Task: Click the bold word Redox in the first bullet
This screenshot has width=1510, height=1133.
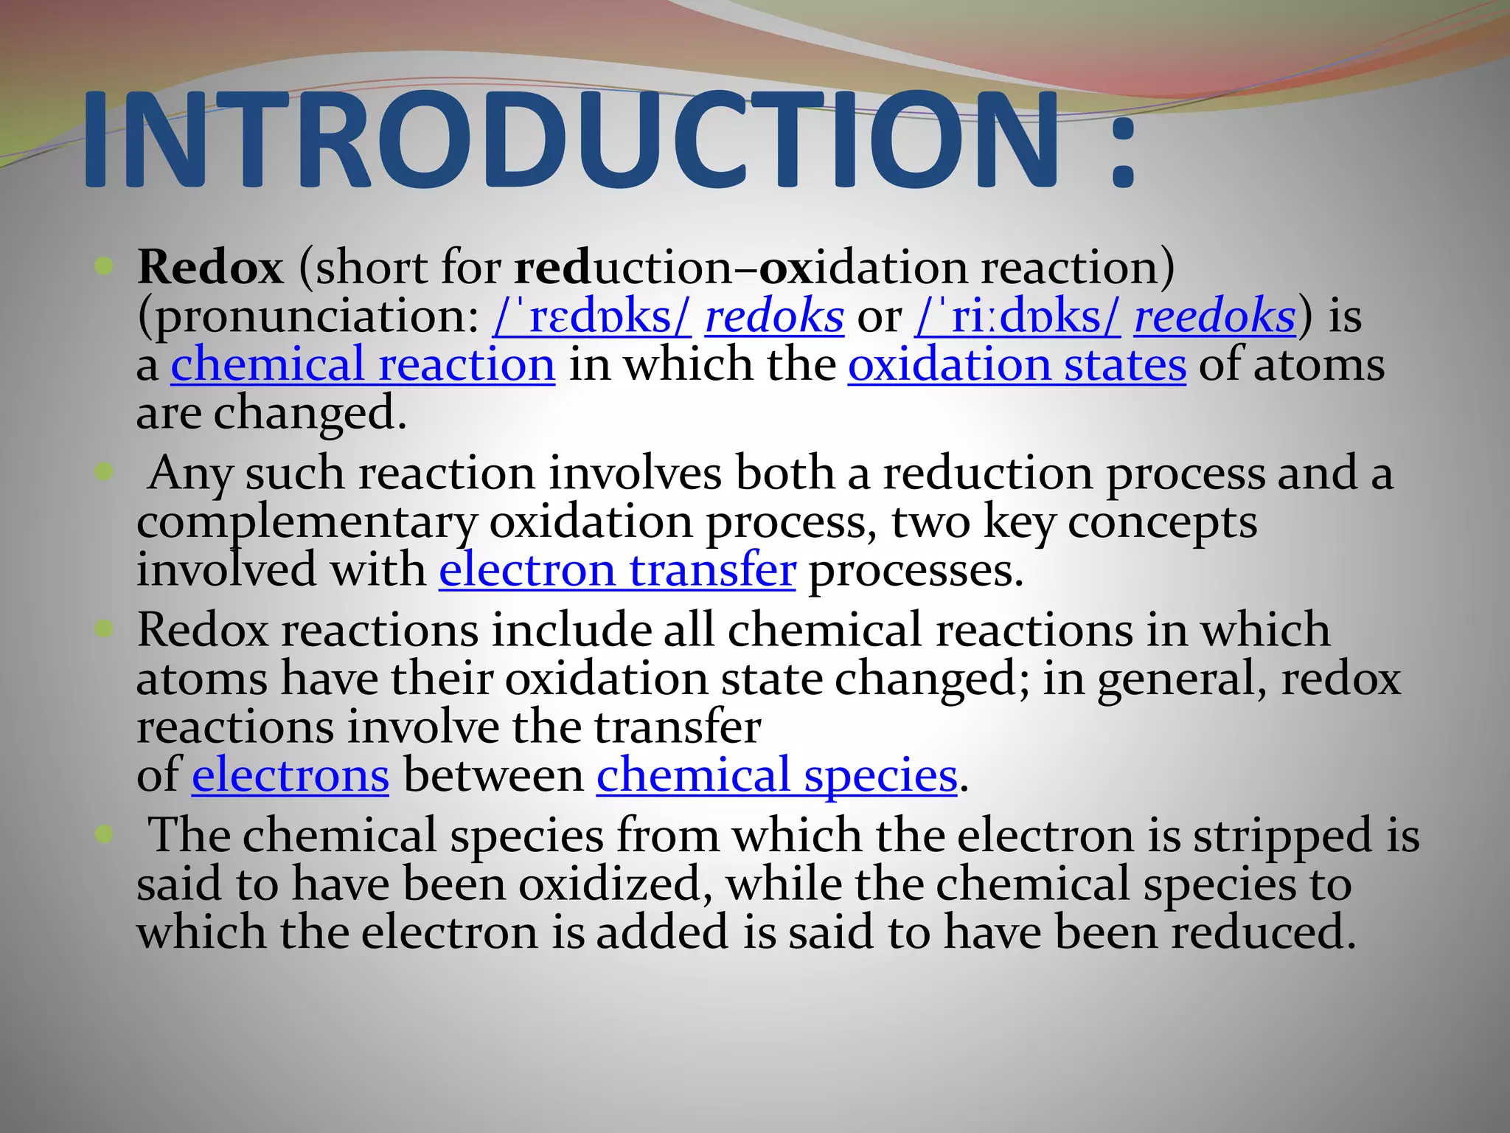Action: [210, 267]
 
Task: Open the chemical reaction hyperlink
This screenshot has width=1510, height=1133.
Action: [363, 365]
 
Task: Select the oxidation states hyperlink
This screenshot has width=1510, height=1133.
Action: [1017, 365]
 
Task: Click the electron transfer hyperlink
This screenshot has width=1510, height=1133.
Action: [617, 570]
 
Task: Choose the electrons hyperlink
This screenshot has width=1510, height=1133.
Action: [290, 776]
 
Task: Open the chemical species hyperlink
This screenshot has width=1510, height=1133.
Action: [776, 776]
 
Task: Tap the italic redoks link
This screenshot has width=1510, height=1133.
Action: [774, 316]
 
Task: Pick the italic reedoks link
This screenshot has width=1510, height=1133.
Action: [1214, 316]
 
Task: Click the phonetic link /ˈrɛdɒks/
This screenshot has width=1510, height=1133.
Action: [591, 316]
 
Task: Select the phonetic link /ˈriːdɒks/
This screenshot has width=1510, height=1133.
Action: [1017, 316]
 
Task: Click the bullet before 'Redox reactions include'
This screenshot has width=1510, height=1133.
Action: [104, 629]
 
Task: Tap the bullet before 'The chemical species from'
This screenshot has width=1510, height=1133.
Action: [104, 834]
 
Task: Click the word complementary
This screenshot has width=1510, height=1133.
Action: [307, 524]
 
